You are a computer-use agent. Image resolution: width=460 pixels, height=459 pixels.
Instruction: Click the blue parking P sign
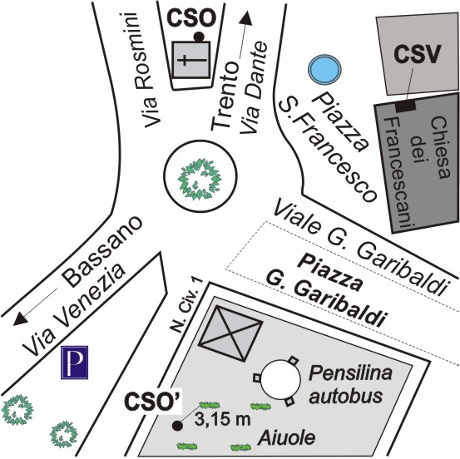(75, 363)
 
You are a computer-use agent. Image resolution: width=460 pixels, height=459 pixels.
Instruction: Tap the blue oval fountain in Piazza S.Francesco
(324, 69)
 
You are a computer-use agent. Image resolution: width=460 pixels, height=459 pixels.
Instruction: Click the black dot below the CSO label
(199, 37)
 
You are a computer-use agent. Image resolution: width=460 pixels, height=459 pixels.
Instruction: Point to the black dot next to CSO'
(176, 426)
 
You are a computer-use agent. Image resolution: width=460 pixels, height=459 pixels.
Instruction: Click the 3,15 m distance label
(222, 419)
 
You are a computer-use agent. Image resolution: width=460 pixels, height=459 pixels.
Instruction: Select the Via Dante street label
(254, 88)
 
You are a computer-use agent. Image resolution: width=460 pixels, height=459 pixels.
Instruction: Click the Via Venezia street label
(73, 309)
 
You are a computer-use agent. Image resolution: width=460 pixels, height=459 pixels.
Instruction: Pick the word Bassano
(102, 252)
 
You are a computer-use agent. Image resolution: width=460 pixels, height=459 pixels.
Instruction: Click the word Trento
(225, 96)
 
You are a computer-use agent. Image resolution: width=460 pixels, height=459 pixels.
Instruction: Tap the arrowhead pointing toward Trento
(247, 18)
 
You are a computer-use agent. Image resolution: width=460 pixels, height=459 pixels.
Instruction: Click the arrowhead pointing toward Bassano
(20, 318)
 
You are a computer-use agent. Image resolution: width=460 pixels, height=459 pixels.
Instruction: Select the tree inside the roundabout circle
(200, 179)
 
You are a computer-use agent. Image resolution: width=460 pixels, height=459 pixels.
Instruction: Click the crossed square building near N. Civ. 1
(230, 333)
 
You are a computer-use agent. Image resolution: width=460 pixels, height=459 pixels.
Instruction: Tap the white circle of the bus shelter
(281, 380)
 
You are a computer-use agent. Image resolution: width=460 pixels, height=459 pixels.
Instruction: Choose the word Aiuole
(287, 438)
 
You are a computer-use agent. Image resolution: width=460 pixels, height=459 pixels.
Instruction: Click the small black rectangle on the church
(406, 106)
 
